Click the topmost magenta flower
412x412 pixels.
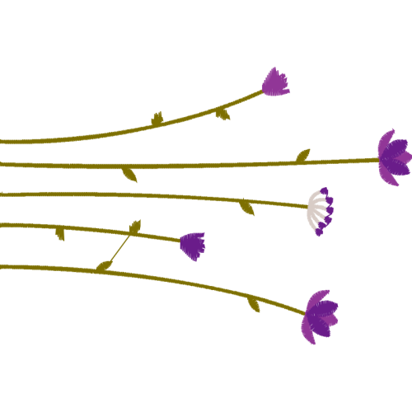(x=276, y=82)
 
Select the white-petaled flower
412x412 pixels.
(x=319, y=212)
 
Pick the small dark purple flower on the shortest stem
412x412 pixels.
(x=193, y=245)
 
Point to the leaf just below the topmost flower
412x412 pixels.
(x=222, y=115)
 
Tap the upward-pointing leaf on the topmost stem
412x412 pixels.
(x=157, y=120)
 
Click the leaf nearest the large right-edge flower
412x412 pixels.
(x=303, y=154)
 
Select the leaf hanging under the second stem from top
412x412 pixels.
(x=129, y=175)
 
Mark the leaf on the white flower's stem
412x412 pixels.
(x=247, y=208)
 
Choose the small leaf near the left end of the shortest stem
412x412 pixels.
(x=60, y=234)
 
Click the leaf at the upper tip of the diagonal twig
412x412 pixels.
(x=135, y=226)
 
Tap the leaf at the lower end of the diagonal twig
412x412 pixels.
(x=104, y=265)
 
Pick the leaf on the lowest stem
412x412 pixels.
(x=254, y=304)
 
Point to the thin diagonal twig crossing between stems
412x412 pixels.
(x=120, y=246)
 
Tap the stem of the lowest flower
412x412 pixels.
(x=165, y=277)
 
